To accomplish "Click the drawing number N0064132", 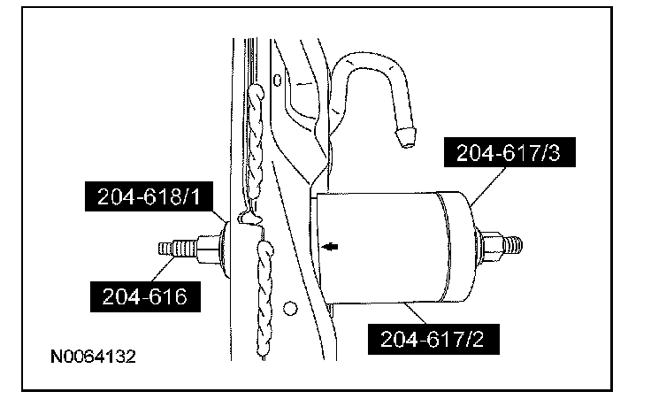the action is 93,360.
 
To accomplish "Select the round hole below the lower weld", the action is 289,309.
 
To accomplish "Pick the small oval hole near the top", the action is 278,81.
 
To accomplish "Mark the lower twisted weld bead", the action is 264,292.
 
